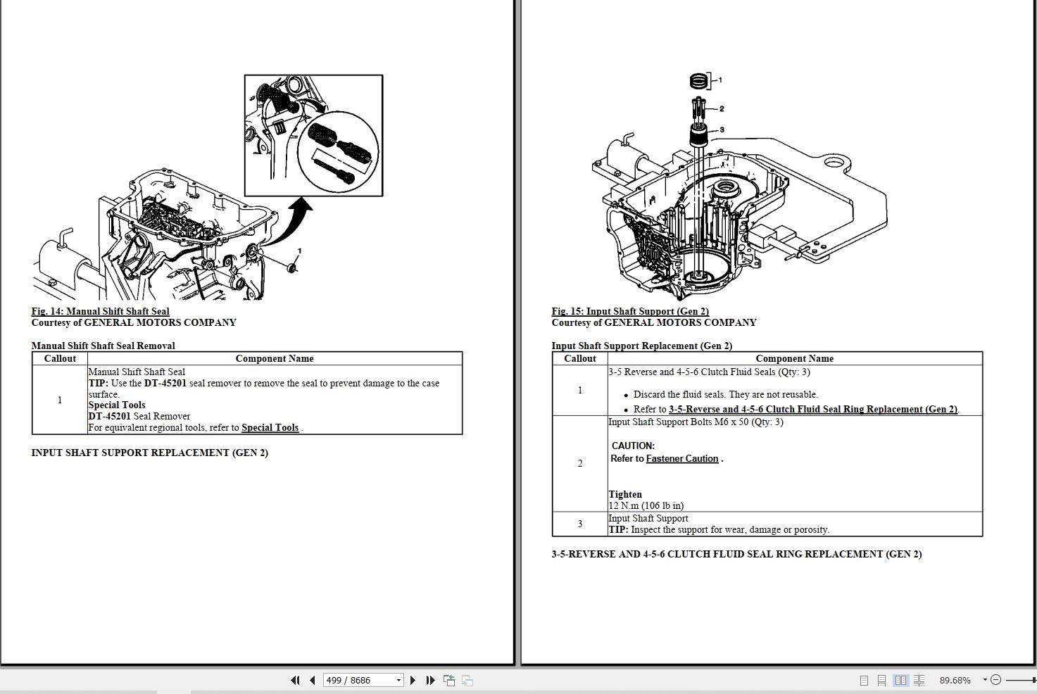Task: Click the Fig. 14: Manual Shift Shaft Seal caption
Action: [100, 311]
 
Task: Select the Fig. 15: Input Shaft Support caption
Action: [629, 311]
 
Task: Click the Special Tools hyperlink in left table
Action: [270, 428]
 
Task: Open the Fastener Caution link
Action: [681, 459]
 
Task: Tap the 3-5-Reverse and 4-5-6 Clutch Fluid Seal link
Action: [812, 410]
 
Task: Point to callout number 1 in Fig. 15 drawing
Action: [719, 80]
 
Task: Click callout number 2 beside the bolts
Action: [721, 109]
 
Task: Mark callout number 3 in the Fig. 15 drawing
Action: [721, 130]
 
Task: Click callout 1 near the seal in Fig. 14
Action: [300, 251]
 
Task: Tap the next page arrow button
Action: [413, 680]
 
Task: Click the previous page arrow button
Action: [312, 680]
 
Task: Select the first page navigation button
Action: [294, 680]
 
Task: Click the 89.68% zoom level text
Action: [955, 680]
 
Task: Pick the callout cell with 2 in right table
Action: [579, 463]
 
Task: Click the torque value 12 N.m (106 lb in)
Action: [646, 505]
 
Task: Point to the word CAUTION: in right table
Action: [633, 446]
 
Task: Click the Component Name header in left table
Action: [274, 358]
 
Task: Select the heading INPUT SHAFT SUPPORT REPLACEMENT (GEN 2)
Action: [149, 453]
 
